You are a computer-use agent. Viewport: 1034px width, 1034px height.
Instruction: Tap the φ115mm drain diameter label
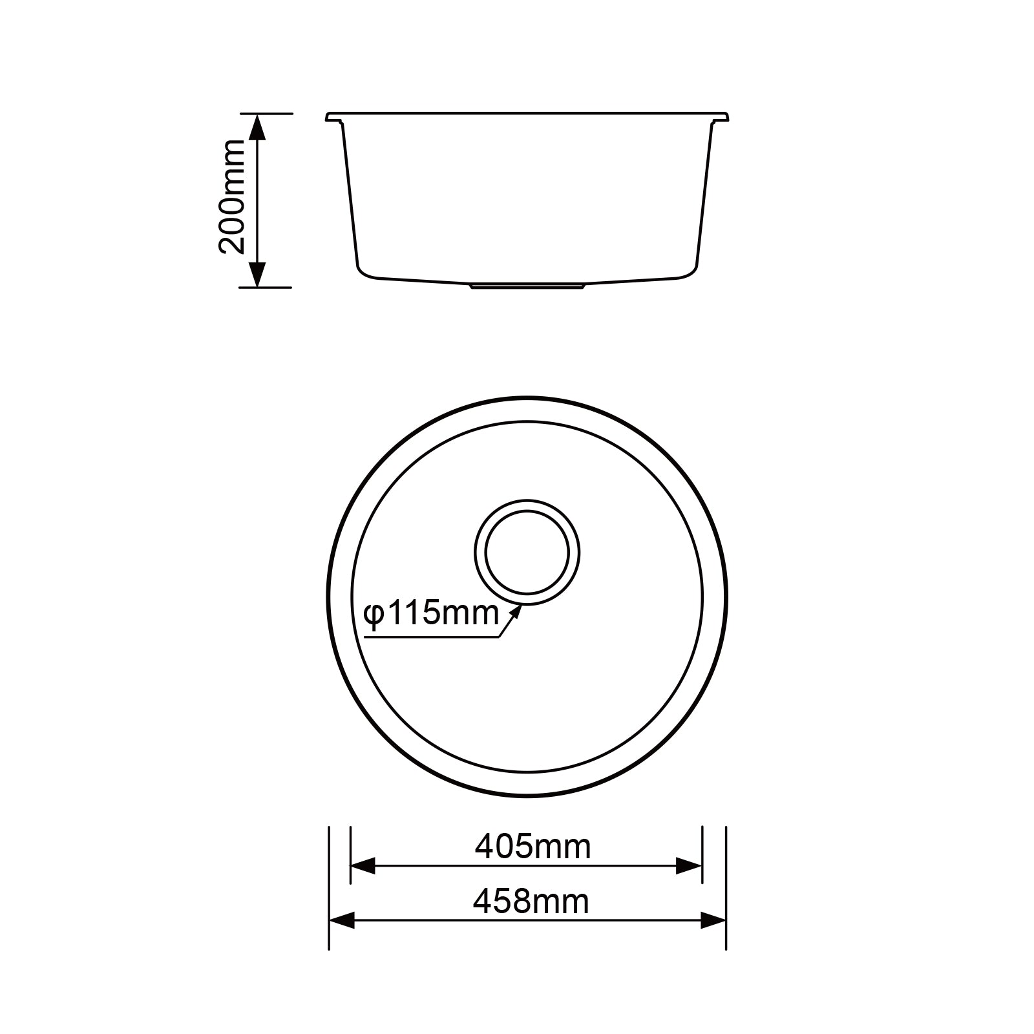431,613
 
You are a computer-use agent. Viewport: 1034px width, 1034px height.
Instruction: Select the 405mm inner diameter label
533,846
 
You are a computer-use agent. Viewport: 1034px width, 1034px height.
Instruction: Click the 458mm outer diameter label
531,901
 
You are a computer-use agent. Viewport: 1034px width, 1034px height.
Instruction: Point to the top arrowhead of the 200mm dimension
257,127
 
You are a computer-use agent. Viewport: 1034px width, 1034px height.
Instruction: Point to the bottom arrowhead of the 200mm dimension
257,274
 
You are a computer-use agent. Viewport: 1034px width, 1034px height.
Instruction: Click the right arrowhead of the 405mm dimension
688,866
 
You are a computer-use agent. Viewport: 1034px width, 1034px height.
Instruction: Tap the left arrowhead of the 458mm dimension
343,920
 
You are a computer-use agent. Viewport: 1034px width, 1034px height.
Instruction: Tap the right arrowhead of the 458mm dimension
713,920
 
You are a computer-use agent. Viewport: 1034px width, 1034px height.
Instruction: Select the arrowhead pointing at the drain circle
516,611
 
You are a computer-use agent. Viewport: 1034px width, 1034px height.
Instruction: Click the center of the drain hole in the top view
527,553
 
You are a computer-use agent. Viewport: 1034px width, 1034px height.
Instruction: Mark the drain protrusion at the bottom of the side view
527,286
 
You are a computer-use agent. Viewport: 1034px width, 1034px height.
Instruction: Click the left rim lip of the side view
333,118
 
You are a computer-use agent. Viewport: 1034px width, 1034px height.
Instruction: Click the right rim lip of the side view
720,118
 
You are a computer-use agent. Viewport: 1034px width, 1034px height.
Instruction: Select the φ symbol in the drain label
374,614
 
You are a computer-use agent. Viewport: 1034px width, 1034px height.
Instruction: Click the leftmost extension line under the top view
329,889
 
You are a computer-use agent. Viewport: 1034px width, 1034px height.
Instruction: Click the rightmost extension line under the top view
726,889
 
